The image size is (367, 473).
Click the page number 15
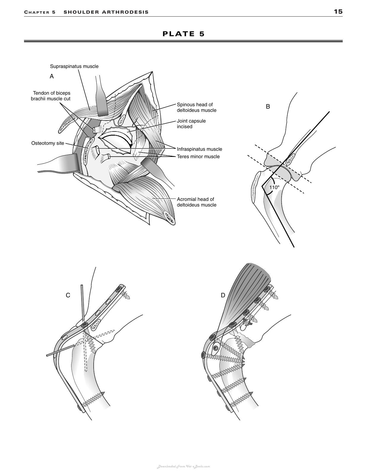pyautogui.click(x=338, y=12)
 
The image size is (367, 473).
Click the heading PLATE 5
pyautogui.click(x=183, y=34)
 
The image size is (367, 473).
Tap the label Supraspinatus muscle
pyautogui.click(x=74, y=66)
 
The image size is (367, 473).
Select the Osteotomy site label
pyautogui.click(x=48, y=143)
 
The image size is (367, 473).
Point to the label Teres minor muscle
pyautogui.click(x=198, y=156)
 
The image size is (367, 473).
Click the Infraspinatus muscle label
pyautogui.click(x=200, y=149)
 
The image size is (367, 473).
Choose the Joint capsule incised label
pyautogui.click(x=191, y=124)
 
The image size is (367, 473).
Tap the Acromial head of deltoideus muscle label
pyautogui.click(x=197, y=202)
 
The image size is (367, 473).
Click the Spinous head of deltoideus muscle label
pyautogui.click(x=197, y=107)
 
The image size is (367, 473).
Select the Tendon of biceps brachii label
pyautogui.click(x=51, y=96)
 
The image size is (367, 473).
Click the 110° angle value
pyautogui.click(x=275, y=188)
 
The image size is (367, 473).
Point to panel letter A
pyautogui.click(x=52, y=76)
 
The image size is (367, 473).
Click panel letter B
pyautogui.click(x=268, y=107)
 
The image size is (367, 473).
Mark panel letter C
pyautogui.click(x=68, y=295)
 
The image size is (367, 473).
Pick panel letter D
pyautogui.click(x=223, y=295)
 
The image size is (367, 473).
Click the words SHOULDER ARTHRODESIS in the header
pyautogui.click(x=106, y=12)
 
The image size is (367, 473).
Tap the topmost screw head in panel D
pyautogui.click(x=266, y=289)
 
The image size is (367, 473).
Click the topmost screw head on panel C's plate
pyautogui.click(x=119, y=289)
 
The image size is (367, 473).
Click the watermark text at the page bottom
pyautogui.click(x=183, y=466)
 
